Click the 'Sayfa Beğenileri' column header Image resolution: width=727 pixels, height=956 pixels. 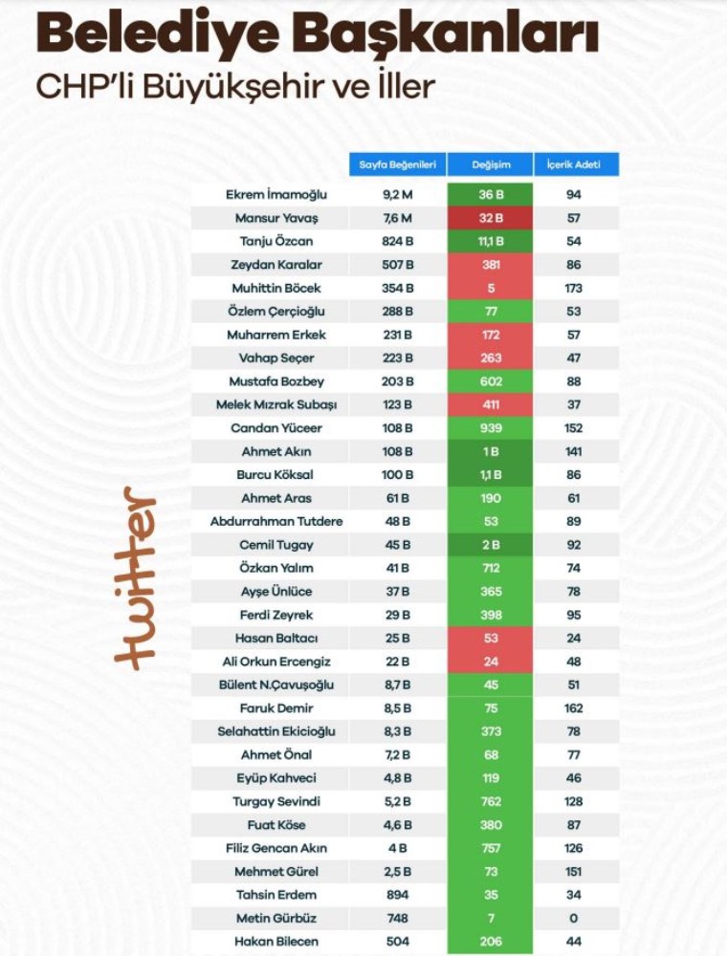[x=398, y=164]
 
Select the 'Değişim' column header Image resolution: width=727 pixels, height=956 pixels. [x=491, y=164]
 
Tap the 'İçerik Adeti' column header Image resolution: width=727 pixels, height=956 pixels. [x=574, y=164]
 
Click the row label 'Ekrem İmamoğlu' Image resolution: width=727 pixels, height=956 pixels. [x=276, y=194]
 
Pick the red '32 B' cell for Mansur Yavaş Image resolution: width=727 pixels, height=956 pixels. [x=491, y=218]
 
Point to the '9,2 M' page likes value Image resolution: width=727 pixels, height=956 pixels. [x=398, y=194]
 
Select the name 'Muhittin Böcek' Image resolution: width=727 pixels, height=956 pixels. [x=276, y=288]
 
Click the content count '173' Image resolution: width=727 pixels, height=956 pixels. [x=573, y=288]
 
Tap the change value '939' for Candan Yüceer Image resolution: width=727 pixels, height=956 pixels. [x=491, y=428]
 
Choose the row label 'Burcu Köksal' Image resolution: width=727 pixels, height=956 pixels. [x=275, y=474]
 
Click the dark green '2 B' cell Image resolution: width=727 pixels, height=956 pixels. [x=491, y=545]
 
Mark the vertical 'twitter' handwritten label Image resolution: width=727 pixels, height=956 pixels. [x=135, y=578]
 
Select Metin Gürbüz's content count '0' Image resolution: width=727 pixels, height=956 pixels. [x=573, y=918]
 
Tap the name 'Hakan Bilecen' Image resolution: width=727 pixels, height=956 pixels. [x=276, y=942]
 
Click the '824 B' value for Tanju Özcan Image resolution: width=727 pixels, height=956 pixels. [x=398, y=242]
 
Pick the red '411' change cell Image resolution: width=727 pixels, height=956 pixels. [x=491, y=404]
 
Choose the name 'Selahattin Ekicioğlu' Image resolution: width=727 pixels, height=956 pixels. [x=276, y=731]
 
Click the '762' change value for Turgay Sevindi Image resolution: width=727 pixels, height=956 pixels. [x=491, y=801]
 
